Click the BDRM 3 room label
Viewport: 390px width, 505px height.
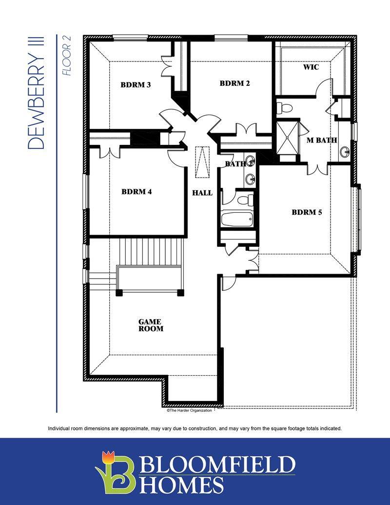(x=136, y=85)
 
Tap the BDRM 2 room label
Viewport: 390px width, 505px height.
(x=234, y=83)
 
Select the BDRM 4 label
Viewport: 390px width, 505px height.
(x=136, y=192)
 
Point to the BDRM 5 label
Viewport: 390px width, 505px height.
(x=307, y=212)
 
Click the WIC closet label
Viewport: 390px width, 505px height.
(x=311, y=67)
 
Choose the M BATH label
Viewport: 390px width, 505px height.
(x=322, y=140)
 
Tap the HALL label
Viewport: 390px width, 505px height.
(x=202, y=193)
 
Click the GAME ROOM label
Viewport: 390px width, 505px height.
(x=151, y=325)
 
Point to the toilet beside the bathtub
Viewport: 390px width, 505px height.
(x=245, y=200)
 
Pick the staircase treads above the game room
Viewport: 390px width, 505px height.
(x=151, y=252)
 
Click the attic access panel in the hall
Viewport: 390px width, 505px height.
(x=202, y=162)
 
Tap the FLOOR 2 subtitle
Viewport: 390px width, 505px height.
(x=67, y=56)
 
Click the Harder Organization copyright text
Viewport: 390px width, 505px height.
(x=190, y=411)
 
